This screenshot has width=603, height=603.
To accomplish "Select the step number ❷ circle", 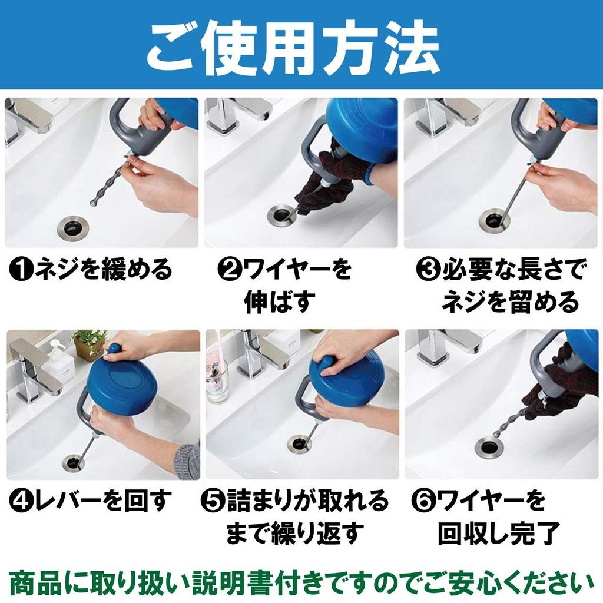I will coord(228,270).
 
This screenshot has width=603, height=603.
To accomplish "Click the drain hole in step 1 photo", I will coord(75,227).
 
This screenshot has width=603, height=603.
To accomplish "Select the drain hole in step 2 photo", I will coord(281,213).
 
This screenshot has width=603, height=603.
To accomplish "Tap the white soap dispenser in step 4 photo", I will coord(58,362).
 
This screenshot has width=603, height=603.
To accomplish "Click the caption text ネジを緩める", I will coord(104,270).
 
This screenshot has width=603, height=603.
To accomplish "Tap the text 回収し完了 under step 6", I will coord(498,534).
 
